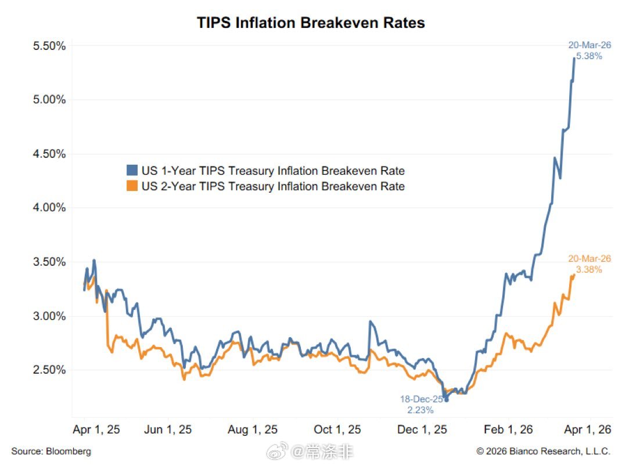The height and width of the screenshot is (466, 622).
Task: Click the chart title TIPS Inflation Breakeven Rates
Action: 311,23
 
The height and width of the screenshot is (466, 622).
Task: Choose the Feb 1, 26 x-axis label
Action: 509,429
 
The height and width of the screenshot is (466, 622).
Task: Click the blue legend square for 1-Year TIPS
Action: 132,171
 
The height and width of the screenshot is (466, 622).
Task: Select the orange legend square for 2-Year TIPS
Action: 132,186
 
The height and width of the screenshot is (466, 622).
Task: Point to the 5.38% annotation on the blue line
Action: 589,56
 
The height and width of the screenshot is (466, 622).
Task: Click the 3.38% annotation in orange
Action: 589,269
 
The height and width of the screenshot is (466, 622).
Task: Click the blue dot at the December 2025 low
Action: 446,399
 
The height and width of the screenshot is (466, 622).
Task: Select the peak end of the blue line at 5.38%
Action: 574,58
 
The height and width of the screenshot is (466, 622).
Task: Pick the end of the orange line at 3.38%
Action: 574,275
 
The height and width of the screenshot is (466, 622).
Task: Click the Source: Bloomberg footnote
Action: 51,451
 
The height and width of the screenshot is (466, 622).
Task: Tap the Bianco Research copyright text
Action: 544,451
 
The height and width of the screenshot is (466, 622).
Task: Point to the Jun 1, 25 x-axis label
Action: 168,429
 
